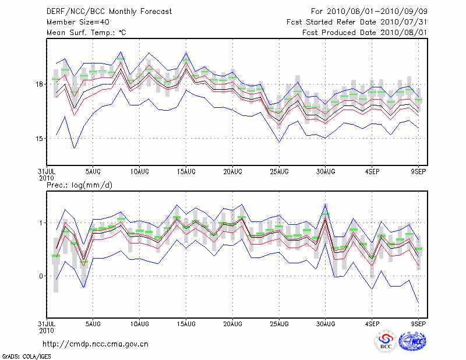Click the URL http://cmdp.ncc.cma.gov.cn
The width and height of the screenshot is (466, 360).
click(96, 344)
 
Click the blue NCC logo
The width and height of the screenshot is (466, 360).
click(412, 343)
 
